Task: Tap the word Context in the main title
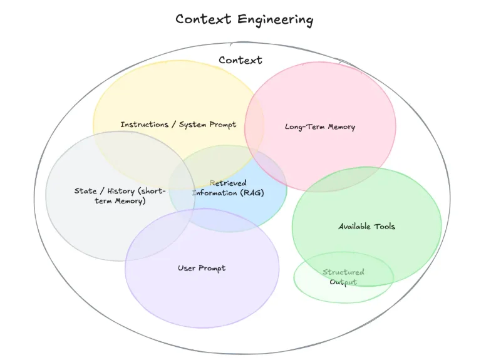[x=204, y=19]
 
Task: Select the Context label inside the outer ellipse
[x=240, y=60]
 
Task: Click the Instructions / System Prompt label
[x=178, y=125]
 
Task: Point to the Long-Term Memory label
[x=320, y=127]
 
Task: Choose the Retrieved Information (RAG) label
[x=228, y=188]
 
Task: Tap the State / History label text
[x=119, y=196]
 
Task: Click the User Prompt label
[x=202, y=269]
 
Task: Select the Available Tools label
[x=367, y=227]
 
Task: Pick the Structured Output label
[x=343, y=277]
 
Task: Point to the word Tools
[x=385, y=227]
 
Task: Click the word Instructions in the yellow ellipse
[x=144, y=125]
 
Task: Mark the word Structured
[x=343, y=272]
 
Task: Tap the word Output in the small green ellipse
[x=343, y=282]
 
